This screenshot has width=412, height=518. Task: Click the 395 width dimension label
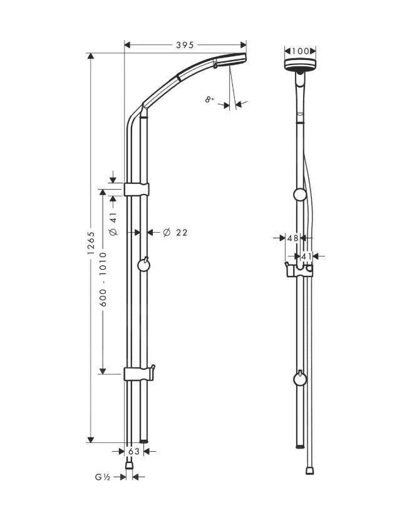point(185,45)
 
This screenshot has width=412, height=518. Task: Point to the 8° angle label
point(209,99)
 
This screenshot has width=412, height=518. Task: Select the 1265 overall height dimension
point(91,243)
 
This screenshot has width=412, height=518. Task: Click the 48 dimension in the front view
point(292,238)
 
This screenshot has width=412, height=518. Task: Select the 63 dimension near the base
point(133,450)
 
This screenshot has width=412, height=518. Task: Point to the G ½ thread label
point(103,477)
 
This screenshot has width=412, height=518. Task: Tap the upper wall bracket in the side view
point(137,189)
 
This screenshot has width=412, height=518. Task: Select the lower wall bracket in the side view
point(138,374)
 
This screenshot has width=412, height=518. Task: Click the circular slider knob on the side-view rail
point(144,267)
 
